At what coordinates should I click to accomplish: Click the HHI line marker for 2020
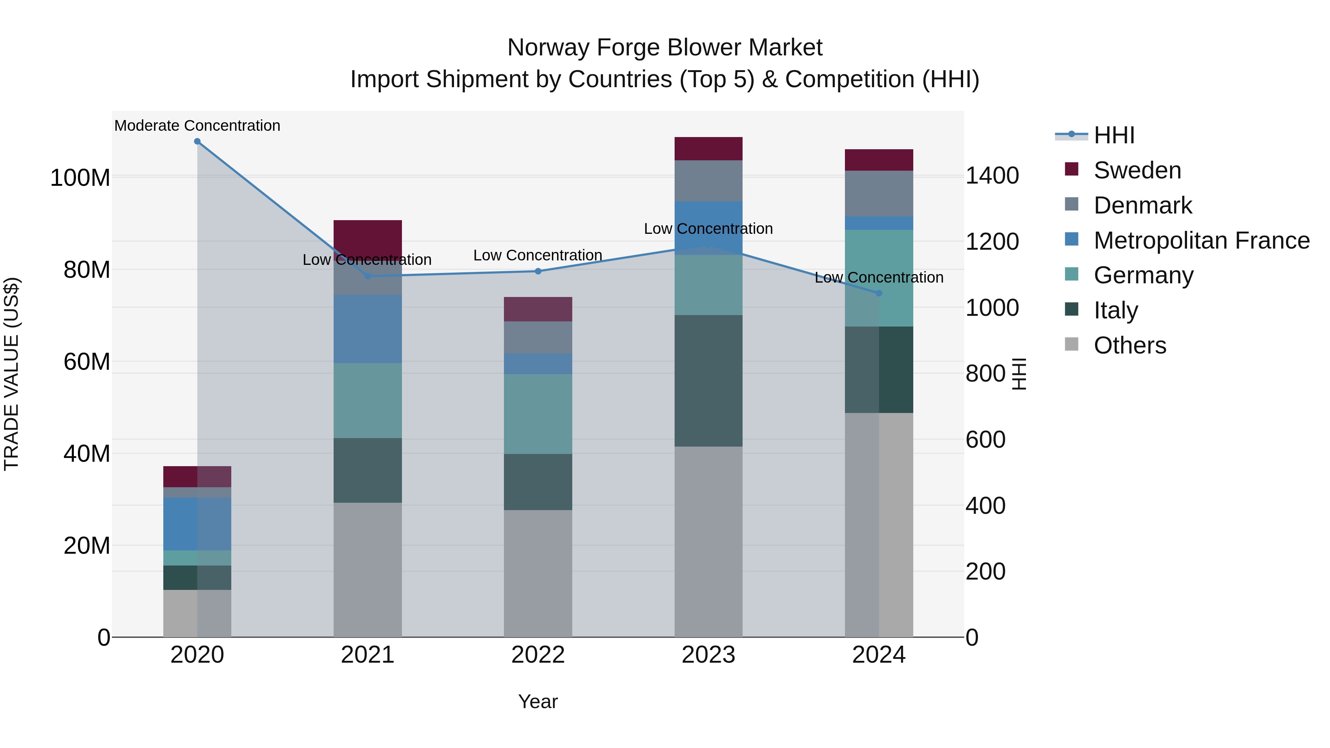[197, 141]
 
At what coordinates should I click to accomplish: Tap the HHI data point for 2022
[538, 271]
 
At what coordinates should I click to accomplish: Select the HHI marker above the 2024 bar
[879, 293]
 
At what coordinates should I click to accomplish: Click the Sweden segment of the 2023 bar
[708, 148]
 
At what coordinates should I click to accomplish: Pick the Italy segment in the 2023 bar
[708, 381]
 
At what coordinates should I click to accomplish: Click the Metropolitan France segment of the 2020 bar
[197, 524]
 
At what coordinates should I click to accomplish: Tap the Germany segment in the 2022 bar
[538, 414]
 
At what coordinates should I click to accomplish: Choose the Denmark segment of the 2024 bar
[879, 194]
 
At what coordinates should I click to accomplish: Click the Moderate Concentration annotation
[197, 126]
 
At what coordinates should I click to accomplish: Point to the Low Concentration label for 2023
[708, 229]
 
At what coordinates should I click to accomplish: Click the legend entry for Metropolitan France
[1201, 240]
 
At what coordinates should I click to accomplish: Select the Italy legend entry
[1115, 310]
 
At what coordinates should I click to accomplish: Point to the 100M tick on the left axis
[80, 178]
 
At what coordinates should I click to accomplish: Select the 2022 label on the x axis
[538, 655]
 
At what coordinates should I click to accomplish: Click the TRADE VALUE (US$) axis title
[11, 374]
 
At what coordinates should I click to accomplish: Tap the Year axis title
[538, 701]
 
